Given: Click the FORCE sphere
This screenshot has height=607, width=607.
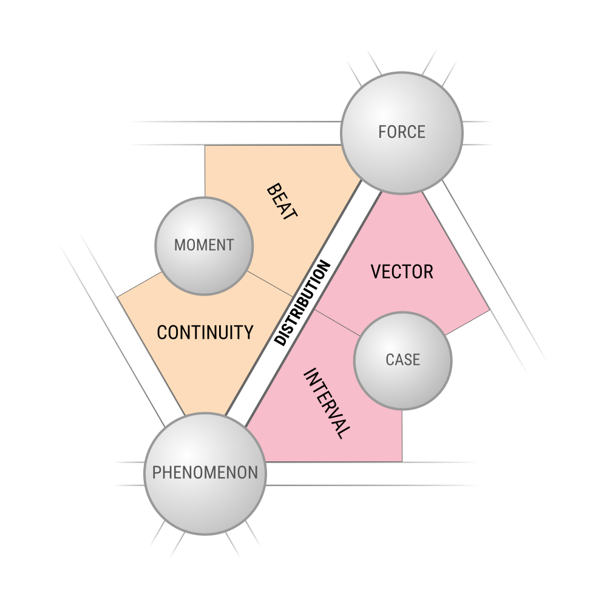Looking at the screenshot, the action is (402, 133).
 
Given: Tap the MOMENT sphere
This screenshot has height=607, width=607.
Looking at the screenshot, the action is (204, 246).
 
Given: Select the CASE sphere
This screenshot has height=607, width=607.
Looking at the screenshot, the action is (402, 361).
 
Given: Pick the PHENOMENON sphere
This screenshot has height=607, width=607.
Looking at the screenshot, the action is (205, 473).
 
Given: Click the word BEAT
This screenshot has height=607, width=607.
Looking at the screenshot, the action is (282, 202).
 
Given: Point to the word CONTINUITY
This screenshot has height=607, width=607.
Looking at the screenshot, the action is (205, 333).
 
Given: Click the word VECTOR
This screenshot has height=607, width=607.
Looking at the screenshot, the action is (402, 272).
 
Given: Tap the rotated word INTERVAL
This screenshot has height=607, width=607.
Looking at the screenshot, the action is (327, 404).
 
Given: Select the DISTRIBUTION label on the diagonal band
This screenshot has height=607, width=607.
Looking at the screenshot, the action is (302, 303).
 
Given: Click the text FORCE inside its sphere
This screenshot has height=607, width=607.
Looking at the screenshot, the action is (402, 132).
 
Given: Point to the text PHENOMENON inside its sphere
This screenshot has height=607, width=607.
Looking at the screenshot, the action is (205, 473).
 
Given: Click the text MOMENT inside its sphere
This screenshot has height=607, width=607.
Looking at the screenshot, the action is (204, 245).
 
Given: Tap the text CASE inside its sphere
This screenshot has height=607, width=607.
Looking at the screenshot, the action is (402, 359).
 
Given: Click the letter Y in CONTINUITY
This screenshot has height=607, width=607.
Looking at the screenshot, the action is (248, 333).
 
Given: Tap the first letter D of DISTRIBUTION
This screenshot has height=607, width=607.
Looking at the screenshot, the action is (279, 339).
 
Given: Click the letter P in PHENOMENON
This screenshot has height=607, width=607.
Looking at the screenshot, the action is (157, 473).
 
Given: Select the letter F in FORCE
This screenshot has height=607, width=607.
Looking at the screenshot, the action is (382, 132).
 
